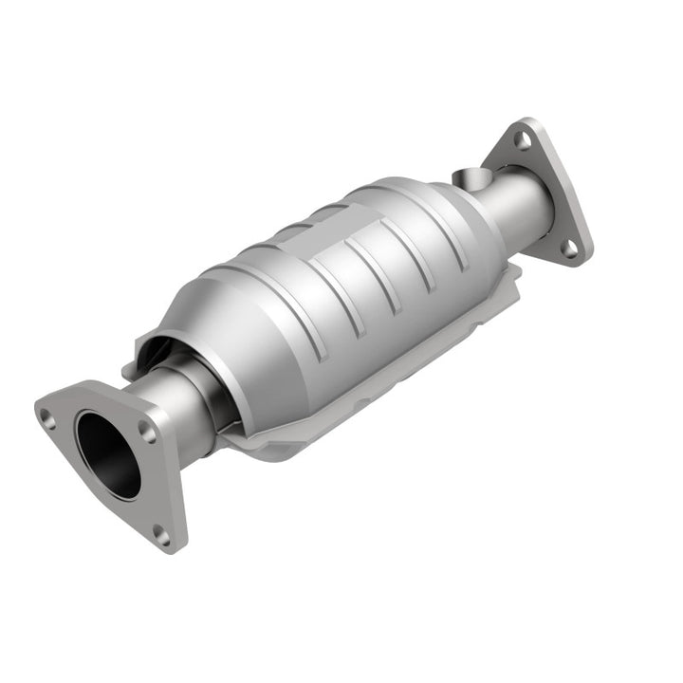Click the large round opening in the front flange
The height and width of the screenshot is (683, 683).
(107, 454)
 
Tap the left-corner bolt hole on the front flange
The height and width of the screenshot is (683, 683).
(46, 414)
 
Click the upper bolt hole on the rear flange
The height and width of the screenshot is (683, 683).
(522, 139)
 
